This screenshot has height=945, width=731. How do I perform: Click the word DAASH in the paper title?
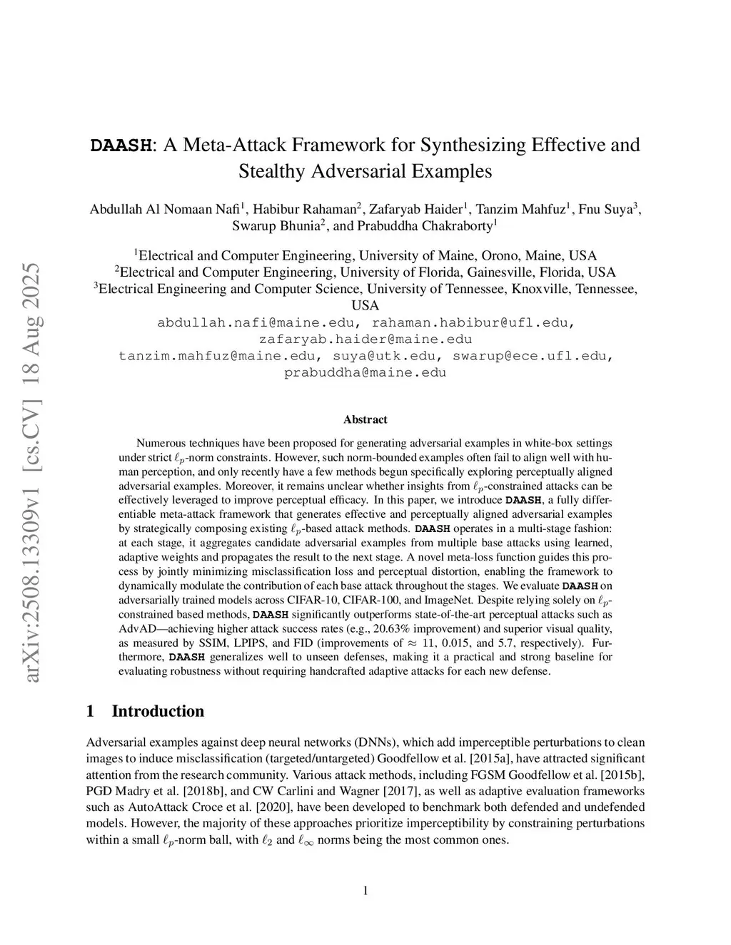tap(121, 145)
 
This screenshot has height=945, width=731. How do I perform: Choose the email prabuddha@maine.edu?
tap(365, 372)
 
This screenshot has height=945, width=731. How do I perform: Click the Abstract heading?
tap(365, 419)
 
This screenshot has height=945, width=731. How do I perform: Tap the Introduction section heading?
tap(158, 711)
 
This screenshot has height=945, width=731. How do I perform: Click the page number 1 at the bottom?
tap(365, 889)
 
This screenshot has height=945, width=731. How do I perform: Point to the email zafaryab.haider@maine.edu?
tap(365, 339)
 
